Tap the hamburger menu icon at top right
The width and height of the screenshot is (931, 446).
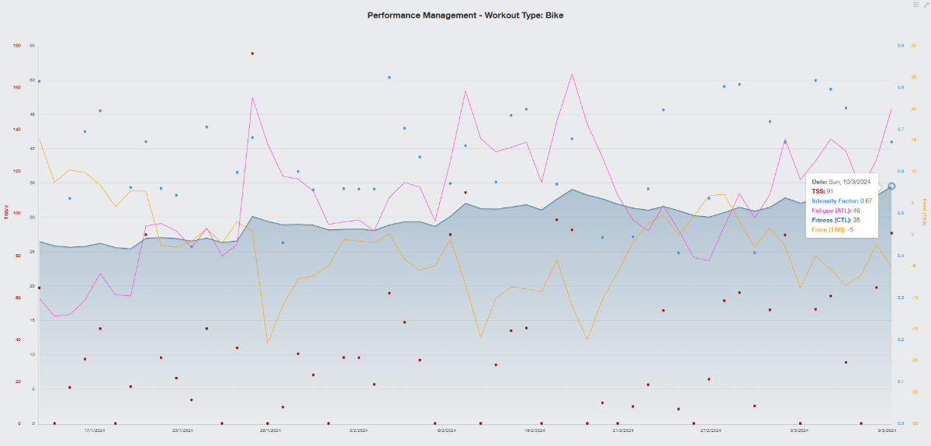[x=916, y=5]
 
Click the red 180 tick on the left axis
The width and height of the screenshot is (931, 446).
[x=17, y=46]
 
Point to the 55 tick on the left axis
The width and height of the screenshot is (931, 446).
[x=33, y=46]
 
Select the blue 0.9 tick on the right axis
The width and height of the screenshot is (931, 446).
[x=901, y=46]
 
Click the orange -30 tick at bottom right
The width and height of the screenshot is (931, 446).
[x=914, y=423]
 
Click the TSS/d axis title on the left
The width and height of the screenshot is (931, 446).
[x=6, y=211]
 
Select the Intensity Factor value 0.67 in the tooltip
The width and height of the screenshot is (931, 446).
[x=867, y=200]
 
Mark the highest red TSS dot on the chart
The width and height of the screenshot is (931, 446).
[x=252, y=54]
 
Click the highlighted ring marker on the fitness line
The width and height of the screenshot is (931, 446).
[x=891, y=186]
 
